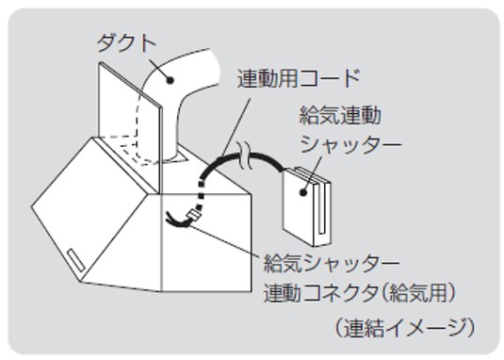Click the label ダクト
[x=126, y=43]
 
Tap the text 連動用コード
[x=299, y=78]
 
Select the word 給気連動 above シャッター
[x=340, y=115]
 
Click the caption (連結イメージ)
[x=404, y=328]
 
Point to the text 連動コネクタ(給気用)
[x=360, y=293]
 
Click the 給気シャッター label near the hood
[x=332, y=264]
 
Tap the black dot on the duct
[x=170, y=80]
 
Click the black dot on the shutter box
[x=302, y=192]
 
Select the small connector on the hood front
[x=194, y=214]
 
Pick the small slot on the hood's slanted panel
[x=76, y=260]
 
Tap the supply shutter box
[x=306, y=206]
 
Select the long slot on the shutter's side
[x=322, y=208]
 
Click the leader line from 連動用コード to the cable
[x=236, y=127]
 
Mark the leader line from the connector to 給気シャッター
[x=224, y=241]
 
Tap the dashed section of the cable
[x=202, y=196]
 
